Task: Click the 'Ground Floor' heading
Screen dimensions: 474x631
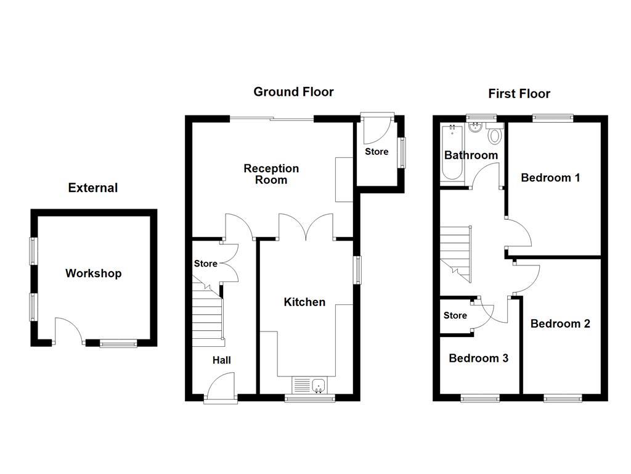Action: pyautogui.click(x=293, y=92)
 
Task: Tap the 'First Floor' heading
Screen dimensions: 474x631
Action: pyautogui.click(x=519, y=94)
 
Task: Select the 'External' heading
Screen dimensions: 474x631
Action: pyautogui.click(x=92, y=188)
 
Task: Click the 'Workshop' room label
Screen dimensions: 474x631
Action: pyautogui.click(x=93, y=273)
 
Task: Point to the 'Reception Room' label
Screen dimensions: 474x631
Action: pyautogui.click(x=271, y=174)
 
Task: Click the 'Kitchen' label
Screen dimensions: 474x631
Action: pyautogui.click(x=304, y=302)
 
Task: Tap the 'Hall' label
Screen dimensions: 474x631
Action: pyautogui.click(x=222, y=360)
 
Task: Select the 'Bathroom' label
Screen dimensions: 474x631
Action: pyautogui.click(x=471, y=155)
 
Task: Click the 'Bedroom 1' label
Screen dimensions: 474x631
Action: pyautogui.click(x=550, y=178)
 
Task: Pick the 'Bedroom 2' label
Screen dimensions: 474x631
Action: pyautogui.click(x=560, y=323)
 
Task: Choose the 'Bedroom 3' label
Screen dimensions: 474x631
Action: pyautogui.click(x=478, y=358)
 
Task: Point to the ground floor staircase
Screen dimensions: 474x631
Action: pyautogui.click(x=208, y=312)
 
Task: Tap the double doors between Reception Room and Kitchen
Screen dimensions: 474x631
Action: pyautogui.click(x=306, y=227)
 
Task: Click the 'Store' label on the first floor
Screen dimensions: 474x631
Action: pyautogui.click(x=455, y=315)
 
